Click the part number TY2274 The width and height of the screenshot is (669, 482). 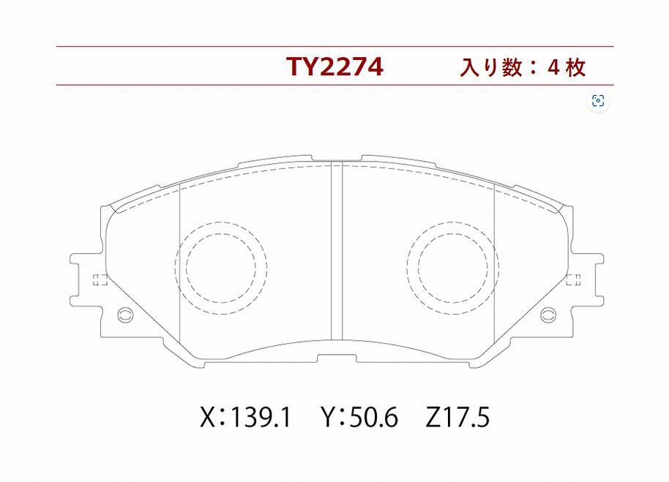(335, 67)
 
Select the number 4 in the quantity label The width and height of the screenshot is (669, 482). (553, 68)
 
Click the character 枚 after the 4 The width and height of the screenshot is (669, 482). (575, 68)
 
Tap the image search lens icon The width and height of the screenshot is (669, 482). (598, 101)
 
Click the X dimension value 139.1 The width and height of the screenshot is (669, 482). (261, 417)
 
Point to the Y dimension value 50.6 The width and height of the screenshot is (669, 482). (373, 417)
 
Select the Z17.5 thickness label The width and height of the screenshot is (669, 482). (457, 417)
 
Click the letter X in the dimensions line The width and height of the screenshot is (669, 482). (208, 417)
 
